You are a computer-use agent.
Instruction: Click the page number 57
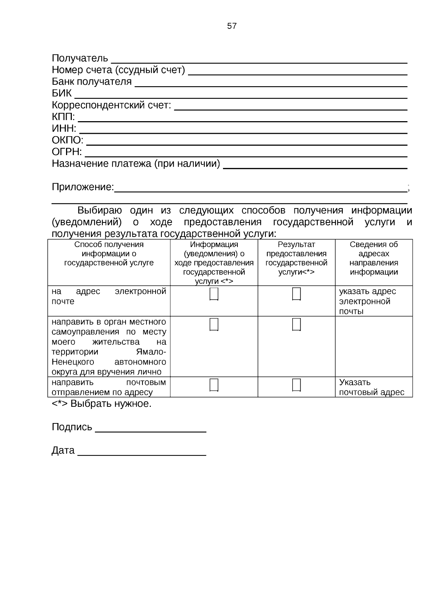click(x=232, y=26)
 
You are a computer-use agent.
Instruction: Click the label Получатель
click(x=80, y=58)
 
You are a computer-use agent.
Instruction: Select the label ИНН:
click(x=64, y=128)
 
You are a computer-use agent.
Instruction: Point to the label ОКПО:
click(x=67, y=140)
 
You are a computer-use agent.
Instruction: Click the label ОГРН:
click(x=67, y=152)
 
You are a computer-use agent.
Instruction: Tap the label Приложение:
click(x=83, y=187)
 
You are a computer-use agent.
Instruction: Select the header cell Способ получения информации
click(x=109, y=254)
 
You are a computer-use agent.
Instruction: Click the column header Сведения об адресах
click(x=373, y=258)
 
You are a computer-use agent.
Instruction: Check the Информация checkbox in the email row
click(x=214, y=294)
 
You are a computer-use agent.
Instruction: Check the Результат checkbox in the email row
click(x=296, y=294)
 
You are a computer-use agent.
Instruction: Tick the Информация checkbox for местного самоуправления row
click(x=214, y=325)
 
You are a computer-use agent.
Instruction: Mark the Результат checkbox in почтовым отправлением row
click(x=296, y=385)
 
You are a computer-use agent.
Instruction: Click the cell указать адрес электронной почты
click(x=367, y=301)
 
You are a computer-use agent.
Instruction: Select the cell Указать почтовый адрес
click(x=371, y=387)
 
